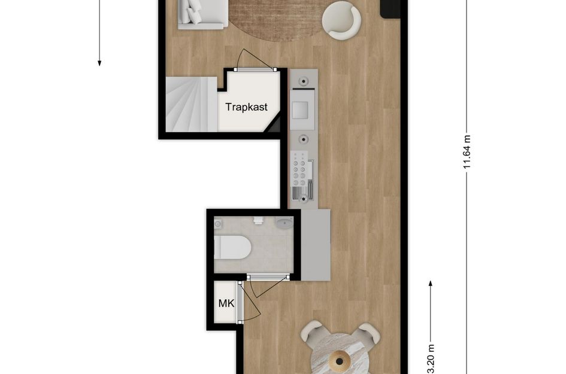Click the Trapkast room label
tap(246, 108)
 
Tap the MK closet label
tap(226, 303)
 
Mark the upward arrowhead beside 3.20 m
tap(431, 283)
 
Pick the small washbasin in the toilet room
tap(284, 224)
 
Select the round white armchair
tap(342, 20)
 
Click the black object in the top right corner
tap(392, 8)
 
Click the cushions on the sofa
tap(193, 12)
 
